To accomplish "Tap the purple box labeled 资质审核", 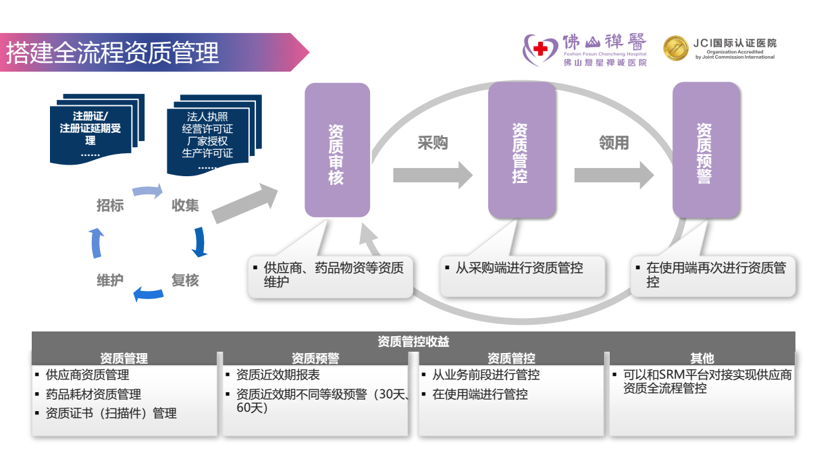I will coord(337,150).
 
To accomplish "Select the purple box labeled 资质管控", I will coord(521,150).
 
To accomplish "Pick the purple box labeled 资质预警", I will coord(705,150).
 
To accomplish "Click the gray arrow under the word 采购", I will coord(433,176).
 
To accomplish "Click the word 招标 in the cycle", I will coord(110,205).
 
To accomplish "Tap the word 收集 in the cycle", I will coord(185,205).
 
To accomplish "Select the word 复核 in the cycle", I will coord(185,279).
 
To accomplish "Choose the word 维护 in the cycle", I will coord(110,279).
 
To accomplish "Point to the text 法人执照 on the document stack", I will coord(207,117).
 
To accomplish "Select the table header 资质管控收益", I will coord(413,342).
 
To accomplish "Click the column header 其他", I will coord(702,358).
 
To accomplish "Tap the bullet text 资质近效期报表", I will coord(278,375).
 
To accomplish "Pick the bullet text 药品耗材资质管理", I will coord(93,394).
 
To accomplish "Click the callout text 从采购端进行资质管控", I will coord(519,268).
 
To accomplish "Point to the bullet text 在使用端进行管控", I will coord(480,394).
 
